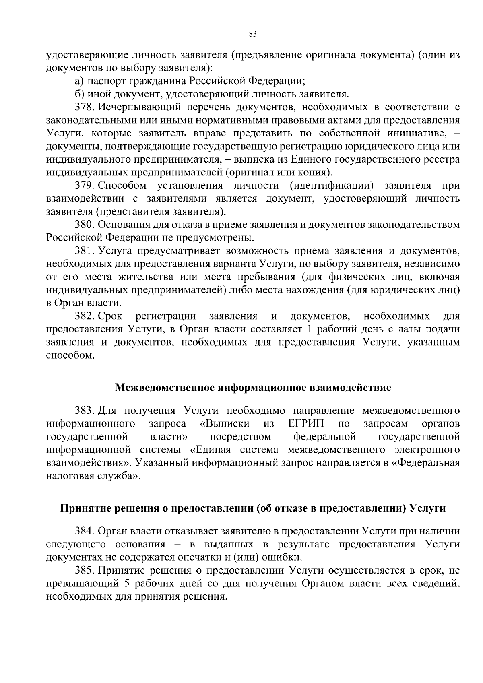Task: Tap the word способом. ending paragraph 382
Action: click(x=70, y=355)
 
